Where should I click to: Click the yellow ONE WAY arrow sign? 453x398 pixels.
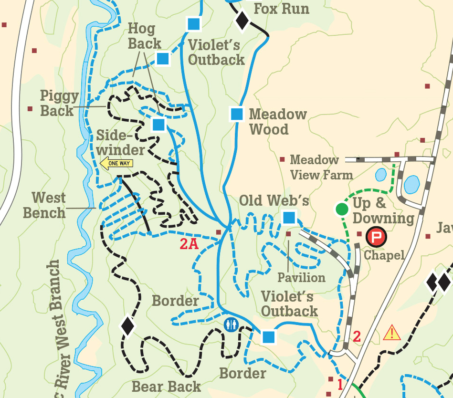116,163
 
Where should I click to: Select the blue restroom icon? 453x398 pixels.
231,325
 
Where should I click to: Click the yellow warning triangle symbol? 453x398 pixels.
391,332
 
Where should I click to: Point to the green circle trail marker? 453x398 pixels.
342,209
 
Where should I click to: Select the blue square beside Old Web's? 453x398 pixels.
289,218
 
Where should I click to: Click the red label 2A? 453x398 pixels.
189,244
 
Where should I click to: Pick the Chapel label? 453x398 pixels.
384,255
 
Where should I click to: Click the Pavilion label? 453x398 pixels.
302,277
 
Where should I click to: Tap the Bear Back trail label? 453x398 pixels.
166,387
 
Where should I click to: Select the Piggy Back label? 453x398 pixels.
59,104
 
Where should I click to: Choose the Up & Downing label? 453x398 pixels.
383,210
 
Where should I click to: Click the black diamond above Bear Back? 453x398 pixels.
127,326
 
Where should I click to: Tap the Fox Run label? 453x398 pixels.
281,9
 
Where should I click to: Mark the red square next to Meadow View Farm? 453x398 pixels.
282,160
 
